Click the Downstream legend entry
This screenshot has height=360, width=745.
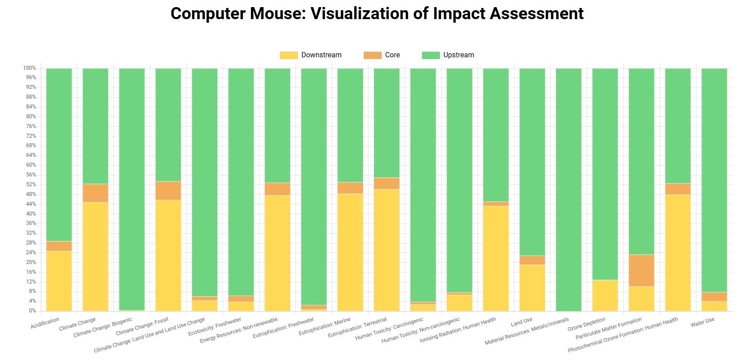tap(311, 55)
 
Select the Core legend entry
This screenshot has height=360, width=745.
tap(382, 55)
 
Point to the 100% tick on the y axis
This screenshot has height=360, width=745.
tap(29, 68)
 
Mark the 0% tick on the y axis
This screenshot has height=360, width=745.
tap(32, 311)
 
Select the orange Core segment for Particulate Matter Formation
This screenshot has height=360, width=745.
tap(641, 271)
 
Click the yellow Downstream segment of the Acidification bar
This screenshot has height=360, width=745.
tap(59, 281)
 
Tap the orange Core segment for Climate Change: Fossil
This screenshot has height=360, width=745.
tap(168, 191)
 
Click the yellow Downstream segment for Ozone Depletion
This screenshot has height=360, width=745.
tap(605, 295)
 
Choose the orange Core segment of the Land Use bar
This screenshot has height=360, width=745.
tap(532, 260)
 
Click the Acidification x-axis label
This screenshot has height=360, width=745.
tap(45, 323)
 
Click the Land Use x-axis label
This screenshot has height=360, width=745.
tap(521, 321)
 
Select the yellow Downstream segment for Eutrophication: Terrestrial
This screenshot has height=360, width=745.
tap(386, 250)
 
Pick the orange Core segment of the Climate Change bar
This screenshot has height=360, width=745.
tap(95, 193)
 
